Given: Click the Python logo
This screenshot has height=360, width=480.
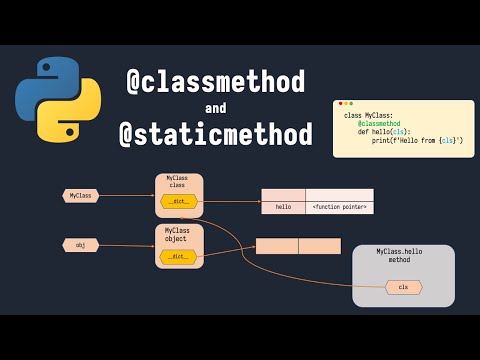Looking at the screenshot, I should pyautogui.click(x=58, y=99).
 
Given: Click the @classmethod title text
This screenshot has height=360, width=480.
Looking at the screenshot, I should pyautogui.click(x=215, y=82).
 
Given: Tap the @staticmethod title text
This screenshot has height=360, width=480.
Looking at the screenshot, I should pyautogui.click(x=216, y=135).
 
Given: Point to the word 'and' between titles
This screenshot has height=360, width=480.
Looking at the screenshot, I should pyautogui.click(x=216, y=108).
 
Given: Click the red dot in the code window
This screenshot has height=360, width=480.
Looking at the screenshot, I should pyautogui.click(x=340, y=104).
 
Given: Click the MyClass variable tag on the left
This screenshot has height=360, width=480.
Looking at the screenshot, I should pyautogui.click(x=81, y=196).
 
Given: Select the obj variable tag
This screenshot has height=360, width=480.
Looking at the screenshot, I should pyautogui.click(x=81, y=245).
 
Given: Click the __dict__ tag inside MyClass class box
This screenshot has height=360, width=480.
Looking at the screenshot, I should pyautogui.click(x=179, y=202).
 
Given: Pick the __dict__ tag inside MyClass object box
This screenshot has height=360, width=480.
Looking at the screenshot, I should pyautogui.click(x=179, y=257).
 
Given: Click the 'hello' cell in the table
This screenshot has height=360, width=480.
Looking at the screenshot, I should pyautogui.click(x=283, y=208).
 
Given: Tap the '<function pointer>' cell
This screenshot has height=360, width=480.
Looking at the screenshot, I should pyautogui.click(x=339, y=208).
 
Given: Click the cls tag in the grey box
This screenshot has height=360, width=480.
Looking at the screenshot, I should pyautogui.click(x=403, y=287).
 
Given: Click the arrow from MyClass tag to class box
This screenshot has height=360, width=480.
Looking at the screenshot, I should pyautogui.click(x=127, y=196).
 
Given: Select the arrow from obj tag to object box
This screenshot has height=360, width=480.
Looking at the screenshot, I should pyautogui.click(x=127, y=245).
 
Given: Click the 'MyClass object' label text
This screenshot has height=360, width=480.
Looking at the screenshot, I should pyautogui.click(x=178, y=235).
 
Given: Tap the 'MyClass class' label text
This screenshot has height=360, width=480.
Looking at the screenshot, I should pyautogui.click(x=177, y=181).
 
